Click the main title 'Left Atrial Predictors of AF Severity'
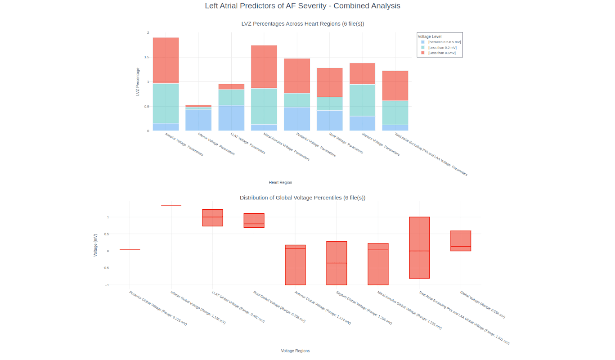(302, 6)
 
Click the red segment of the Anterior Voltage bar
(166, 60)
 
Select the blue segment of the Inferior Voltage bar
(198, 120)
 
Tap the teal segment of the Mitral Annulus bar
(264, 106)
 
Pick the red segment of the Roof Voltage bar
(329, 82)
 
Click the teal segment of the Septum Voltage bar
(362, 100)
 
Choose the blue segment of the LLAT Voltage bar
(231, 118)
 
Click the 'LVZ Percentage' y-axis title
(138, 81)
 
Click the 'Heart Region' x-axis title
(280, 182)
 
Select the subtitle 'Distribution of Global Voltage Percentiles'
(302, 198)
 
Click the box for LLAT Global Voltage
(212, 218)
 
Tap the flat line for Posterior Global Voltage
(130, 249)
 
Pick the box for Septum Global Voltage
(337, 263)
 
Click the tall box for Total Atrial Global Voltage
(419, 247)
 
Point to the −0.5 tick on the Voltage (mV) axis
(107, 268)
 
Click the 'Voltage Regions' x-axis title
(295, 351)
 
